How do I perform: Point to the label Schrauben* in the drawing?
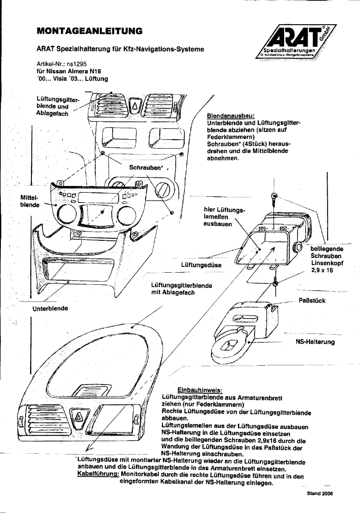coord(145,168)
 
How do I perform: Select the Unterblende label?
coord(50,309)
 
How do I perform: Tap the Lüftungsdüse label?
coord(201,265)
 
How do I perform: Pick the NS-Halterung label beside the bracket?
coord(315,342)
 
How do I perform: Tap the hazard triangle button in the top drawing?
coord(135,107)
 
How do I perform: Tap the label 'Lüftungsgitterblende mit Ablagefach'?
coord(182,289)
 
